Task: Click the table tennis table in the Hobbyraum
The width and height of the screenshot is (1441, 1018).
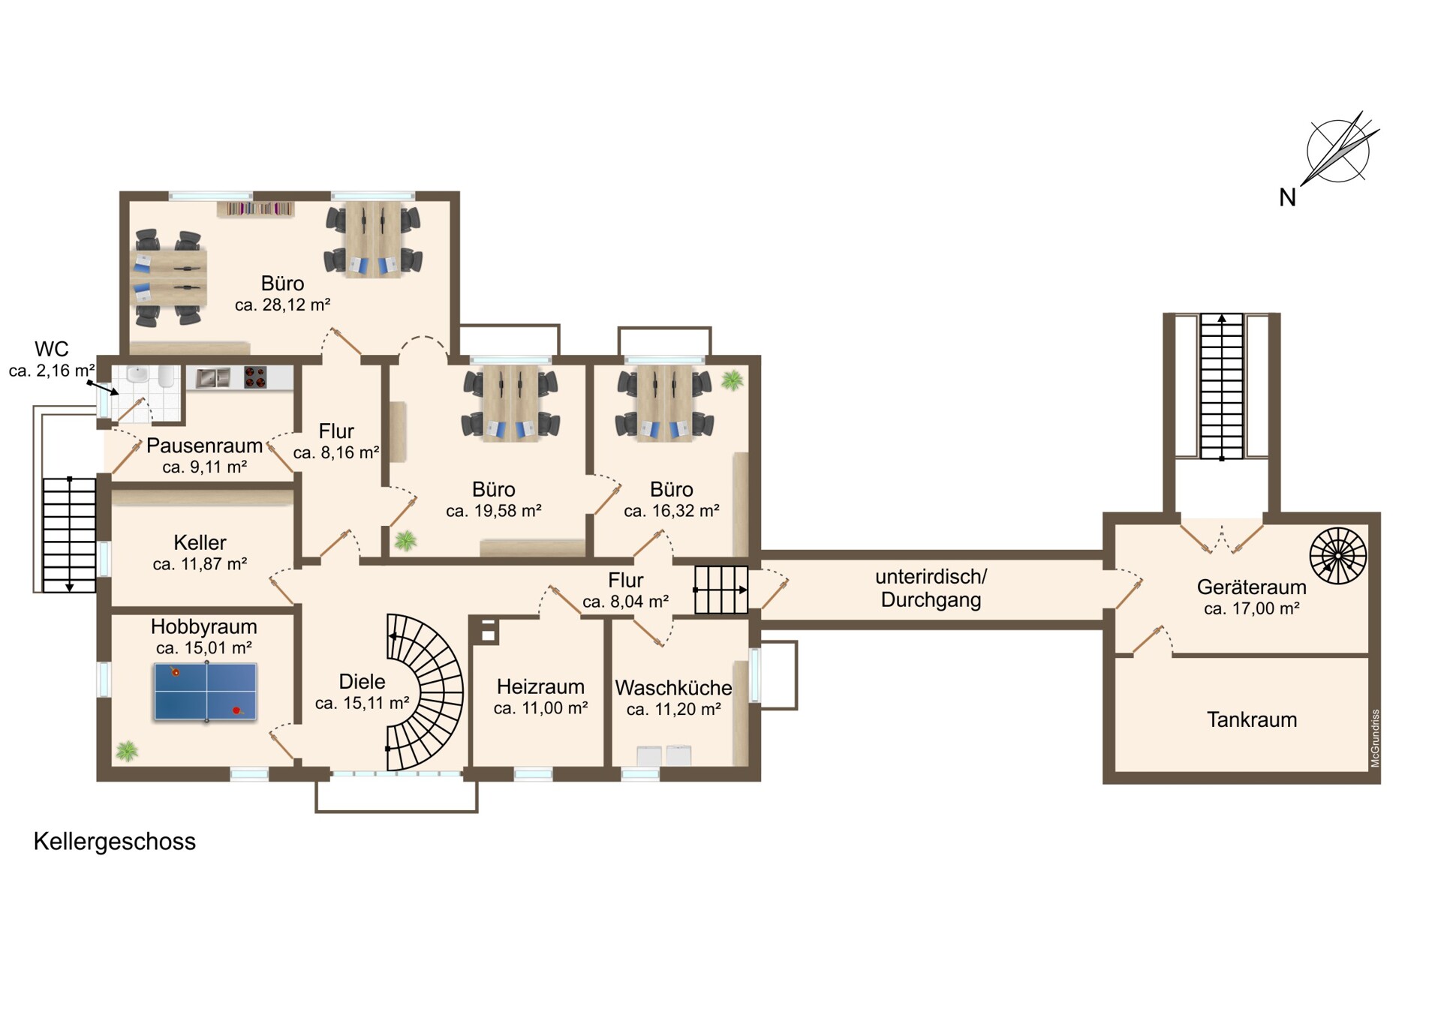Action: [206, 692]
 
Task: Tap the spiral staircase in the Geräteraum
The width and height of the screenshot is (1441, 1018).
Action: [1338, 556]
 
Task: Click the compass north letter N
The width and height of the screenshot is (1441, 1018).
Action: [1287, 197]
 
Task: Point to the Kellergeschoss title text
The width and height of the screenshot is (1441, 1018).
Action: [115, 842]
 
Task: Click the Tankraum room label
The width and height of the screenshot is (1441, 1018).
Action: [1252, 719]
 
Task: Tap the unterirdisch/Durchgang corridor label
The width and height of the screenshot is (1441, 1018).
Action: [931, 588]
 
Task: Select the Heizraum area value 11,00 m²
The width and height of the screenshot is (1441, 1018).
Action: [540, 708]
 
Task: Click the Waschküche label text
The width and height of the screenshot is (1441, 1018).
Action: [673, 687]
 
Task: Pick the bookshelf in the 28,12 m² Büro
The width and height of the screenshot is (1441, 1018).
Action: [256, 209]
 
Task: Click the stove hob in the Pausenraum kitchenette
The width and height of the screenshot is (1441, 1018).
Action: [255, 377]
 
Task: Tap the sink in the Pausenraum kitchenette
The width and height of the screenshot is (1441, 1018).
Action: [213, 377]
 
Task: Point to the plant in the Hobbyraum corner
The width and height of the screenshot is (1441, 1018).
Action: [127, 750]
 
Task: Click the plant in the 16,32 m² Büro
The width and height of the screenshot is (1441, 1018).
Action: [732, 380]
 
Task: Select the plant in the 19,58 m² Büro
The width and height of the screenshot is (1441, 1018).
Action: [406, 540]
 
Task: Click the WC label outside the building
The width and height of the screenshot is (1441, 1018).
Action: [52, 349]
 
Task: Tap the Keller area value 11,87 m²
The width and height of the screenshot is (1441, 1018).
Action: [200, 564]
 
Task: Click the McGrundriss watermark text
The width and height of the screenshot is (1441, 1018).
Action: [1375, 738]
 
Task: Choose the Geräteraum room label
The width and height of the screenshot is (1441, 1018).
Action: [1252, 587]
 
